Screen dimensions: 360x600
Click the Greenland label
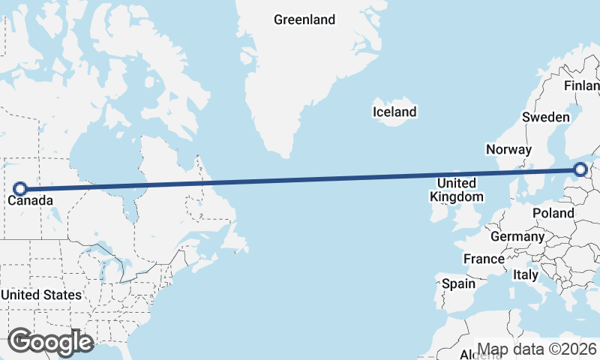[x=304, y=20]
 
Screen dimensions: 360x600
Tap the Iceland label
[x=394, y=112]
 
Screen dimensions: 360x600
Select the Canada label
[x=31, y=201]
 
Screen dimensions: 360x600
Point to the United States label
[x=40, y=295]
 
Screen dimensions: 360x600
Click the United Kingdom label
[x=456, y=190]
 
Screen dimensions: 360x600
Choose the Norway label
[x=508, y=149]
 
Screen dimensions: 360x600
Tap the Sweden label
[x=546, y=117]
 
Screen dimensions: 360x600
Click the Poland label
[x=553, y=213]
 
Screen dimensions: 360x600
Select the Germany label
[x=517, y=236]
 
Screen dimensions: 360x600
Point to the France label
[x=484, y=259]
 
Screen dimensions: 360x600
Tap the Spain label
[x=458, y=283]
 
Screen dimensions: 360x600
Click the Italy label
[x=525, y=275]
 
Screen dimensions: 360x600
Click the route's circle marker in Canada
[x=20, y=189]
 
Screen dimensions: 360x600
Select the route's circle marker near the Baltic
[x=581, y=170]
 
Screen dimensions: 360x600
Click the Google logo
[x=50, y=342]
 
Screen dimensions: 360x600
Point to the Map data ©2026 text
[x=537, y=349]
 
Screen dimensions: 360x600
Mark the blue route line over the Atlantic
[x=300, y=180]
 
